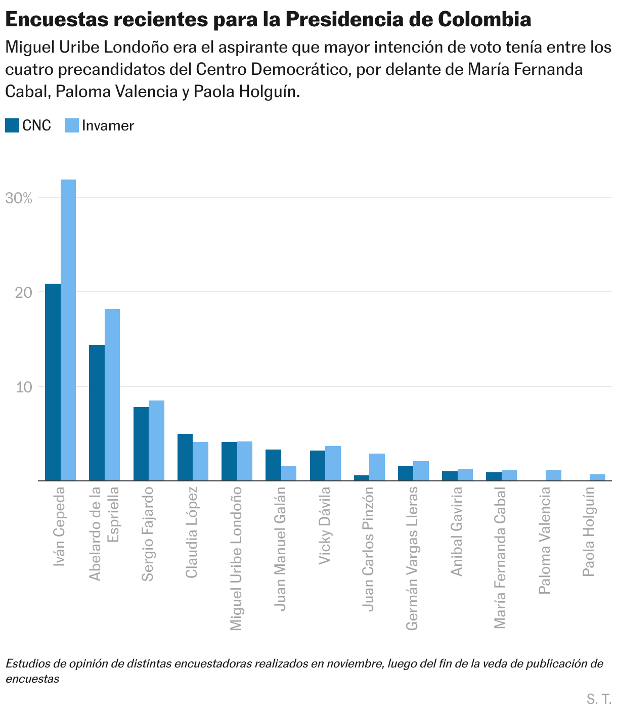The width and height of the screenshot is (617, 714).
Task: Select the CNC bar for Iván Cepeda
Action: click(x=53, y=382)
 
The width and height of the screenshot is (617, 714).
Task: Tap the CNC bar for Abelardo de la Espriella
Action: click(x=97, y=413)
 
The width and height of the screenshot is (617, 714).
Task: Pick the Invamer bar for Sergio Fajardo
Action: click(x=156, y=440)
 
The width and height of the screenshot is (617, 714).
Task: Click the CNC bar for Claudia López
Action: click(x=185, y=457)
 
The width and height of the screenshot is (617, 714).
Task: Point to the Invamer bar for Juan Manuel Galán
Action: click(x=289, y=473)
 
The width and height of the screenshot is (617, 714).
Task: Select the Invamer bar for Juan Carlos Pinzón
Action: click(x=377, y=467)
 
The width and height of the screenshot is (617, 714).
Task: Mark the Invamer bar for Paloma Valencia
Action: click(x=553, y=475)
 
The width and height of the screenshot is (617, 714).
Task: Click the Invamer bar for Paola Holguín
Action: click(x=597, y=477)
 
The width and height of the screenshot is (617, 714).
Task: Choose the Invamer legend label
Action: click(x=108, y=125)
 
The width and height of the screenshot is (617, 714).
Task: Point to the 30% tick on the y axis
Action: click(x=19, y=198)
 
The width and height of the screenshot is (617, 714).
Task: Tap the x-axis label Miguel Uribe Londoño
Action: click(x=236, y=559)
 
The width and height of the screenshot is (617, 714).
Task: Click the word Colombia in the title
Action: click(x=484, y=20)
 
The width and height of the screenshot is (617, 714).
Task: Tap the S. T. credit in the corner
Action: click(x=599, y=699)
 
